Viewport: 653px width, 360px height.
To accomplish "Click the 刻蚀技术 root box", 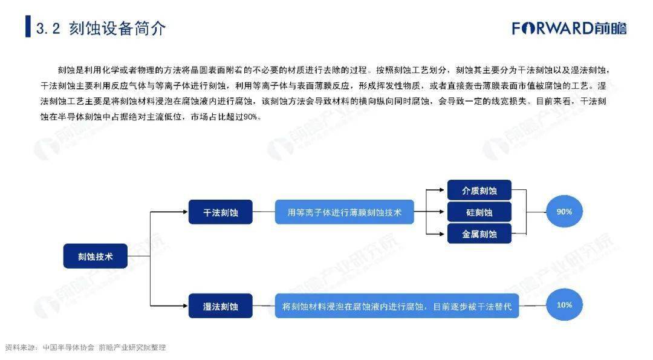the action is pos(96,256).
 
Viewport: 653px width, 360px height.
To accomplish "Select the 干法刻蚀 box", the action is pos(220,212).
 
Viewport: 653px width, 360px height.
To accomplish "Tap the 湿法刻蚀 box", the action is pos(220,306).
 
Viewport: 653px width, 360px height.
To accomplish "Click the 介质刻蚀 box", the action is pos(479,191).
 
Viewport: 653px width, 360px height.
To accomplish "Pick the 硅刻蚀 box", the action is pos(479,212).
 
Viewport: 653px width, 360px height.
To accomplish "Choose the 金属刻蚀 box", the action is pos(479,234).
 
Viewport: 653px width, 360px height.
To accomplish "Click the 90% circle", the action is pos(564,212).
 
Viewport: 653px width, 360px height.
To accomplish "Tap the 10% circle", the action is pos(564,305).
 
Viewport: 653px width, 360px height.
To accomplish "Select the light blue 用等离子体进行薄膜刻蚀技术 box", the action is pos(345,212).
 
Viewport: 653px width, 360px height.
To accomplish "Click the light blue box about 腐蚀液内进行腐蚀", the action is pos(397,306).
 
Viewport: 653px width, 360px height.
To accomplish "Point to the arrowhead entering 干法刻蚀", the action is pos(186,212).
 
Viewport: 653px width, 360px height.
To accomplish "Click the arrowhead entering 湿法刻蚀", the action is pos(186,306).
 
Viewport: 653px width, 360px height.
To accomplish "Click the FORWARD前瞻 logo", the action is pos(570,28).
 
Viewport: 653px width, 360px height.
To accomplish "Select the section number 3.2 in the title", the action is pos(48,28).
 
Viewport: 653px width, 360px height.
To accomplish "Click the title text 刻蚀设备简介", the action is pos(117,28).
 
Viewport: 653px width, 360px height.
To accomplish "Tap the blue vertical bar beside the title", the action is pos(28,26).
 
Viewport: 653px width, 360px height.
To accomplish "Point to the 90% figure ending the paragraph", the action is pos(250,117).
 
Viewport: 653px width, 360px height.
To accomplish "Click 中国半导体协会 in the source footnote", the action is pos(69,347).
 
